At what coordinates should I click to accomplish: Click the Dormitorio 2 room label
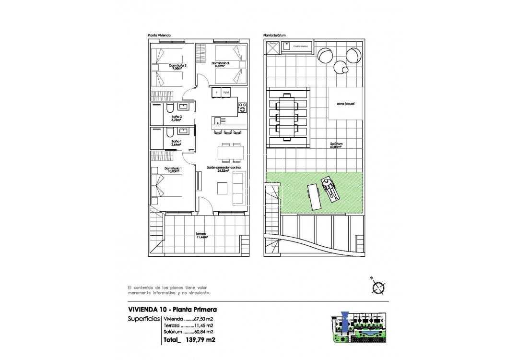(178, 67)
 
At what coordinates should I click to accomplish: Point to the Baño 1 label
(176, 143)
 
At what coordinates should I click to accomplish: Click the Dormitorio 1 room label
(172, 170)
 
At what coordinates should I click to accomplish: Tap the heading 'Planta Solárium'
(275, 36)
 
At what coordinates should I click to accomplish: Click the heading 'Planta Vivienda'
(160, 36)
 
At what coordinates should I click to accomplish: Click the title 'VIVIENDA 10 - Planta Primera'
(173, 310)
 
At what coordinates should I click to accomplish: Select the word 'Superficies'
(143, 319)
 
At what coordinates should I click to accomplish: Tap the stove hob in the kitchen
(242, 107)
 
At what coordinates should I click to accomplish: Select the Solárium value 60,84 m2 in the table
(202, 332)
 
